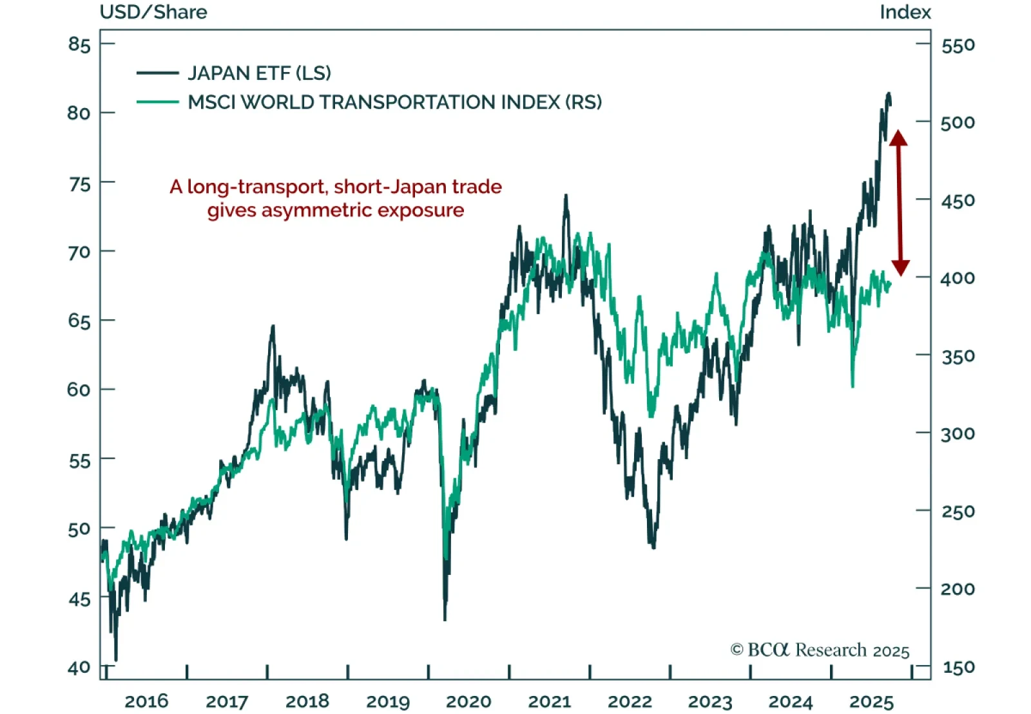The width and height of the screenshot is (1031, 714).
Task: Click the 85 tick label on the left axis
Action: (79, 44)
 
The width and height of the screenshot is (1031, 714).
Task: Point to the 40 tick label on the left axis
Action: (79, 668)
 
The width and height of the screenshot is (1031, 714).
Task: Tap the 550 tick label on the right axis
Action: (958, 45)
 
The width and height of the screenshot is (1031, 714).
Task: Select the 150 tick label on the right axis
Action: (958, 668)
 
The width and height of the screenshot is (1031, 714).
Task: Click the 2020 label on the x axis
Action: (468, 701)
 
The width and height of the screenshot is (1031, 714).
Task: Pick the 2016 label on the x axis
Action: (146, 701)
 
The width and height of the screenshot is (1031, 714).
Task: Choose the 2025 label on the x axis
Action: (871, 701)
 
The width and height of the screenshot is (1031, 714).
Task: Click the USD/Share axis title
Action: (153, 12)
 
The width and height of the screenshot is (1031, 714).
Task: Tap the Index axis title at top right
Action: (905, 12)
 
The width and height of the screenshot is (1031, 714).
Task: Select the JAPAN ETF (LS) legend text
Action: (259, 73)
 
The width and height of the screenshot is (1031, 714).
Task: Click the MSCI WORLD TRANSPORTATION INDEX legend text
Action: (394, 102)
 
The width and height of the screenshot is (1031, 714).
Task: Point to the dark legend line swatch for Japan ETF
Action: (157, 73)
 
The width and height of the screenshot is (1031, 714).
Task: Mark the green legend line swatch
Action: (157, 102)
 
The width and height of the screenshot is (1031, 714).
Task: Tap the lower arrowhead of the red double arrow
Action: (900, 268)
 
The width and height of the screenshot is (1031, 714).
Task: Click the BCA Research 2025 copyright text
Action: (820, 650)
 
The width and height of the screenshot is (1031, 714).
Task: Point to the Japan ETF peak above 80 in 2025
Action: (889, 94)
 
